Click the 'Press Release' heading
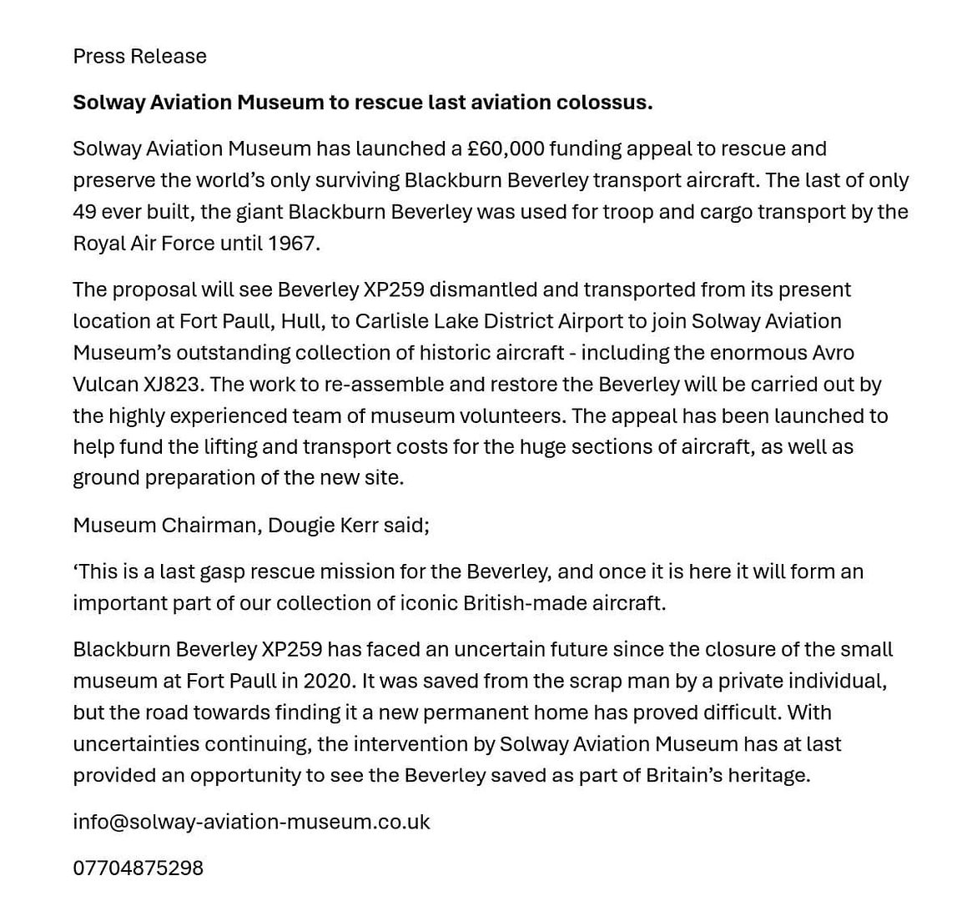click(139, 56)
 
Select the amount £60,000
click(506, 148)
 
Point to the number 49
click(85, 212)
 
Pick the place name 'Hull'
click(300, 321)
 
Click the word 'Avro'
click(833, 353)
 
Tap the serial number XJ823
click(171, 385)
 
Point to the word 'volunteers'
click(514, 415)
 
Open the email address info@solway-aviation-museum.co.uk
click(251, 822)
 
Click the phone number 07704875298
click(138, 868)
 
